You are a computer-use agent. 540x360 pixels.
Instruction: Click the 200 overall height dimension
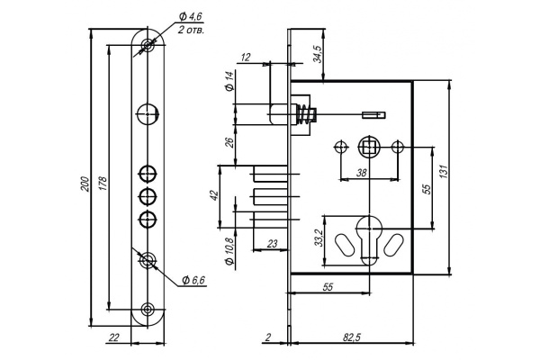[x=85, y=184]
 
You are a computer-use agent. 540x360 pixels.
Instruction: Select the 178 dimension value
[x=103, y=184]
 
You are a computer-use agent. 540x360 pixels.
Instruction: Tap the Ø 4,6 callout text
[x=190, y=16]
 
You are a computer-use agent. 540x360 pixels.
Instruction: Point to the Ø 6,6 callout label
[x=193, y=280]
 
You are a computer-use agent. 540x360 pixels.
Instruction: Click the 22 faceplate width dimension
[x=113, y=337]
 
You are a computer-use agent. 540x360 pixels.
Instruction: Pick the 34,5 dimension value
[x=317, y=54]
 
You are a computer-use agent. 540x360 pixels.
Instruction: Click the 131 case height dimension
[x=444, y=171]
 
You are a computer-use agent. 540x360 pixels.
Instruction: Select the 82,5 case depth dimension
[x=351, y=337]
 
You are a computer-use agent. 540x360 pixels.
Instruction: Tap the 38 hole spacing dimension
[x=361, y=173]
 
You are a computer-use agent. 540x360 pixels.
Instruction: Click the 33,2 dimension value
[x=319, y=238]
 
